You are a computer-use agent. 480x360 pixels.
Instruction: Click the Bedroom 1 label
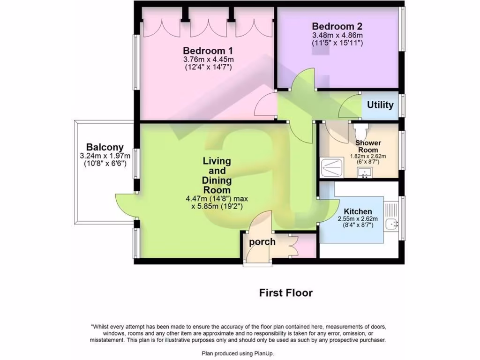(x=208, y=51)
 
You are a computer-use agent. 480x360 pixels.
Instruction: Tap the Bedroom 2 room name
(x=337, y=26)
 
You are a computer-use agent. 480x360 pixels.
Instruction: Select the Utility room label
(x=380, y=105)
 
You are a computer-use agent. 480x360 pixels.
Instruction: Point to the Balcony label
(x=105, y=147)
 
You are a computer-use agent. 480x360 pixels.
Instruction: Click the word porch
(x=262, y=242)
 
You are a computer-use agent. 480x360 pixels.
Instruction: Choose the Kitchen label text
(x=358, y=211)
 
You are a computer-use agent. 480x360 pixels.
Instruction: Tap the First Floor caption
(x=286, y=293)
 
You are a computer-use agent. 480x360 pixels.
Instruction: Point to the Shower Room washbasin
(x=364, y=173)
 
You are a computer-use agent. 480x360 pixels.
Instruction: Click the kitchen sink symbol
(x=391, y=224)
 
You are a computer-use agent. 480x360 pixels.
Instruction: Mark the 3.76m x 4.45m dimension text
(x=208, y=60)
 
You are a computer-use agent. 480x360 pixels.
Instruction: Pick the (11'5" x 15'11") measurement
(x=337, y=43)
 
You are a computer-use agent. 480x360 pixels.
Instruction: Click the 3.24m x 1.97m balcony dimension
(x=105, y=156)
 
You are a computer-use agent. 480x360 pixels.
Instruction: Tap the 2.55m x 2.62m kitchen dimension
(x=358, y=219)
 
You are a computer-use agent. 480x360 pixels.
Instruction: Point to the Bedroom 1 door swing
(x=266, y=106)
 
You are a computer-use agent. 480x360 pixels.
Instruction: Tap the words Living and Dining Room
(x=217, y=176)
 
